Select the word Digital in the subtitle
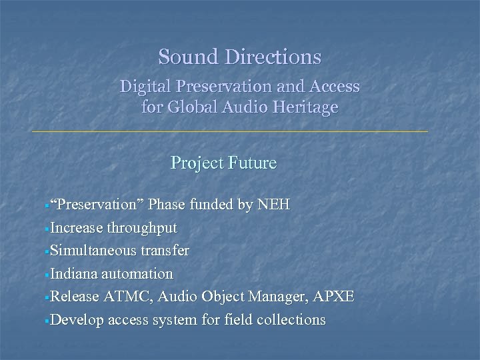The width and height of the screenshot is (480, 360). point(141,87)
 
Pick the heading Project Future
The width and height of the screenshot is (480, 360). point(223,163)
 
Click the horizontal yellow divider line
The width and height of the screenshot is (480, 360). point(230,132)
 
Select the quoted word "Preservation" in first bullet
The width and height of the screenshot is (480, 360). point(98,205)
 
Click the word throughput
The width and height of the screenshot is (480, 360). point(140,228)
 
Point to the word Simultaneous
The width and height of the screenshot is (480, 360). point(91,251)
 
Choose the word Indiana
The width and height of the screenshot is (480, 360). point(74,273)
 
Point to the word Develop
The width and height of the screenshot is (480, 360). point(75,319)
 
